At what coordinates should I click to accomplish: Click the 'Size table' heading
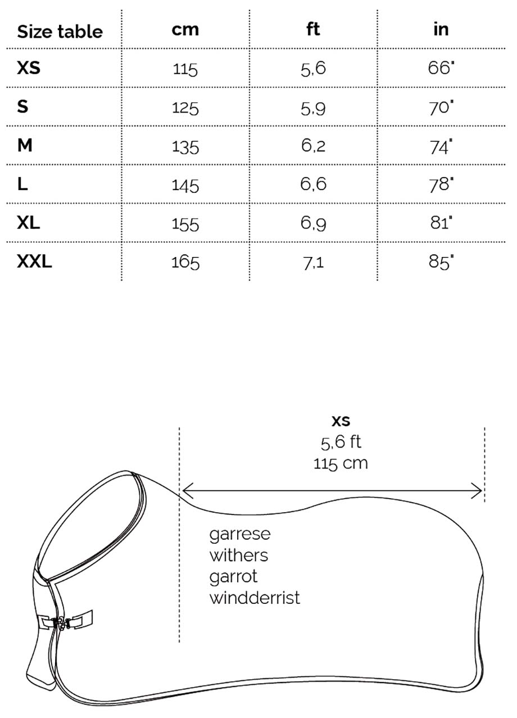(x=60, y=31)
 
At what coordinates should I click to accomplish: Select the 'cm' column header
(x=185, y=29)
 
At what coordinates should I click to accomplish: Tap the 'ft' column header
(x=313, y=29)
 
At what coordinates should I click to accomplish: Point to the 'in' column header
(x=441, y=29)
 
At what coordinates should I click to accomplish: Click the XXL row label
(x=34, y=261)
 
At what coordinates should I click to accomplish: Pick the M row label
(x=25, y=145)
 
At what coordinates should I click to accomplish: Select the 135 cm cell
(x=185, y=147)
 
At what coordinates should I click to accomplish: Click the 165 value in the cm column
(x=185, y=263)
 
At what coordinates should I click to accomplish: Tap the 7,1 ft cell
(x=313, y=263)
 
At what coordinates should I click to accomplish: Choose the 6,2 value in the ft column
(x=313, y=146)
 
